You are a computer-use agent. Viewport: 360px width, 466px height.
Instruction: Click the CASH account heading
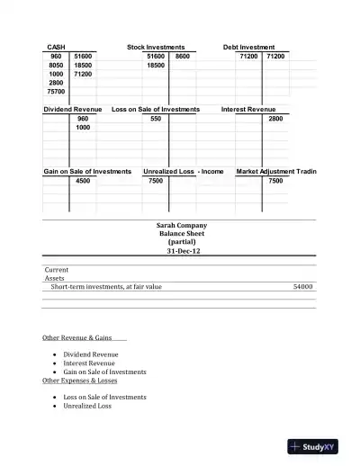(x=56, y=47)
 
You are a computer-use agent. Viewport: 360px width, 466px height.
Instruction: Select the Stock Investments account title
(x=156, y=47)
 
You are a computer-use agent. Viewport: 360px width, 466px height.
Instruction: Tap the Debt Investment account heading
(x=249, y=47)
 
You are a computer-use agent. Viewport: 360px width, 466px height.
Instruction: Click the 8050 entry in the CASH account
(x=56, y=66)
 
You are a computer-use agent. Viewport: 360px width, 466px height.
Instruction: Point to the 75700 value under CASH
(x=56, y=91)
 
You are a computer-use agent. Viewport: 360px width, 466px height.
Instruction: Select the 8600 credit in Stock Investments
(x=183, y=56)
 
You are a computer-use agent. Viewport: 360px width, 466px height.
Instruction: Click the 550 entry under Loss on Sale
(x=156, y=119)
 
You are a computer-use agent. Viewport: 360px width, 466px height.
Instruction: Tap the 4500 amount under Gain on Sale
(x=83, y=181)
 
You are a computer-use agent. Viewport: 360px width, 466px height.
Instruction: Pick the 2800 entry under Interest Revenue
(x=275, y=119)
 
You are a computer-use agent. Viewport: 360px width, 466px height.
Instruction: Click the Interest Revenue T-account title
(x=248, y=109)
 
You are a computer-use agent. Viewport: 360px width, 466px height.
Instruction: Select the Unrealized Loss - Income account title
(x=184, y=171)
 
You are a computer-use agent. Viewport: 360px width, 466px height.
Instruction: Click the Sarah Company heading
(x=181, y=225)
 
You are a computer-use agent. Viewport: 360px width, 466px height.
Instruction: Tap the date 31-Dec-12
(x=181, y=251)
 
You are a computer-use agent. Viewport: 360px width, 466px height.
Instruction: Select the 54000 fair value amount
(x=302, y=287)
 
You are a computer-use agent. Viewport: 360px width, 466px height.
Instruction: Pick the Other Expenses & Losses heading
(x=80, y=381)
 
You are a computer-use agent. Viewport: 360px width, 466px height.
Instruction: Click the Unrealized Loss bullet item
(x=87, y=406)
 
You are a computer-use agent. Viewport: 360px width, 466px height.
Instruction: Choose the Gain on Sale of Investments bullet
(x=104, y=372)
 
